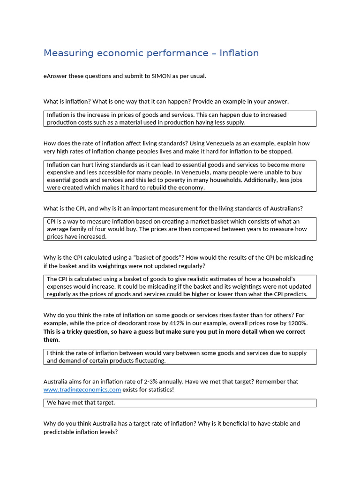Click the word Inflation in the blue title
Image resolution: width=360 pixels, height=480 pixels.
click(x=239, y=53)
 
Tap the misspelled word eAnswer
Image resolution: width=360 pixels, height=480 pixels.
click(x=55, y=76)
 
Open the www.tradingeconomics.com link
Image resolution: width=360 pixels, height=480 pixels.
click(x=82, y=390)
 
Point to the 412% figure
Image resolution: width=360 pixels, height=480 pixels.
click(x=172, y=323)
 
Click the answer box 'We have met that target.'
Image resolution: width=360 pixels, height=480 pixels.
click(x=180, y=403)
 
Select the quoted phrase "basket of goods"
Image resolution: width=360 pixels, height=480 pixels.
click(x=156, y=257)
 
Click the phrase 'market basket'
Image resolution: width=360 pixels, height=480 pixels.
click(x=210, y=221)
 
